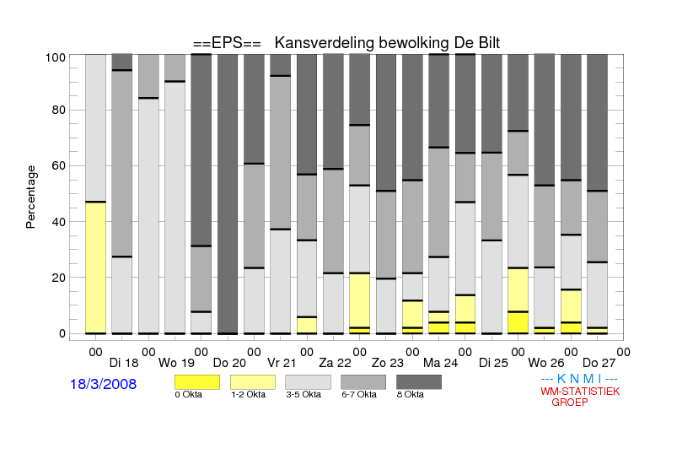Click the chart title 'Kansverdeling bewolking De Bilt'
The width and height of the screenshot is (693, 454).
[387, 43]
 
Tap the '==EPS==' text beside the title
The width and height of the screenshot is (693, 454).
[227, 43]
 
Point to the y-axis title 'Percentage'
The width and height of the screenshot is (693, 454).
[30, 197]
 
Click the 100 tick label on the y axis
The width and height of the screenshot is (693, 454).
[56, 57]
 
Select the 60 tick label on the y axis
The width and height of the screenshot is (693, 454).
[59, 165]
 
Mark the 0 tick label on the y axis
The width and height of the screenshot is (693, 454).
[62, 333]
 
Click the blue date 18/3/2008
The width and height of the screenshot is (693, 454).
[104, 384]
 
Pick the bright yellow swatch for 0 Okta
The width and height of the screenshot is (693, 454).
[197, 382]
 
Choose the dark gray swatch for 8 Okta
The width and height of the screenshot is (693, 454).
[419, 382]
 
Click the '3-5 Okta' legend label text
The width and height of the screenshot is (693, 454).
[304, 394]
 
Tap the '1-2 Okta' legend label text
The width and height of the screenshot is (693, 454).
[248, 394]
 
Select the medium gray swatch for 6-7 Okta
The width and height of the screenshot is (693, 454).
[363, 382]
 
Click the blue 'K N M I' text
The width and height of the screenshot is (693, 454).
[579, 379]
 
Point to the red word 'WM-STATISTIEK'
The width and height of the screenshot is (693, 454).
[580, 392]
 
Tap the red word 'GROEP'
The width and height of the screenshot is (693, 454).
[570, 403]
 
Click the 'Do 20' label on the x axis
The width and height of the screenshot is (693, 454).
[229, 363]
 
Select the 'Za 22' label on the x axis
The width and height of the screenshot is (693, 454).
[335, 363]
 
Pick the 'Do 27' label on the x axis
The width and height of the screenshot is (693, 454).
[599, 363]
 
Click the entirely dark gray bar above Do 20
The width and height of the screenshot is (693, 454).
[228, 194]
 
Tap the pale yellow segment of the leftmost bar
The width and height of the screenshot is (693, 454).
[95, 268]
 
